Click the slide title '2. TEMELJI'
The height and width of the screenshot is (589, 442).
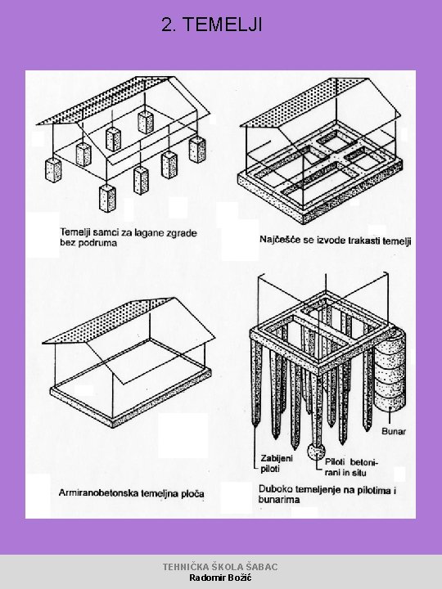coord(212,25)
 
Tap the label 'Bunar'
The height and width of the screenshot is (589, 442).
coord(394,431)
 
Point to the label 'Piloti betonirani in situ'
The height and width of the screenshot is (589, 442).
coord(351,467)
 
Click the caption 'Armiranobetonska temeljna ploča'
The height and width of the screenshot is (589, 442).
coord(131,493)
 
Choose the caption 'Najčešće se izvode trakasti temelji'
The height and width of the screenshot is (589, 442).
coord(336,240)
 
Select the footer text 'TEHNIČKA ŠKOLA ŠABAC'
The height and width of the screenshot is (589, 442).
coord(220,567)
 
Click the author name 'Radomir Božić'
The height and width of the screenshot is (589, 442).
coord(220,578)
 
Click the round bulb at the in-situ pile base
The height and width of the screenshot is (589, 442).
coord(316,452)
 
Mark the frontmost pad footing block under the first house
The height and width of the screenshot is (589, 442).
coord(107,198)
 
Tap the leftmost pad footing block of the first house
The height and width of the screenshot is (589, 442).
coord(53,170)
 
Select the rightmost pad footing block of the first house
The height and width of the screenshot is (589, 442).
coord(197,149)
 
